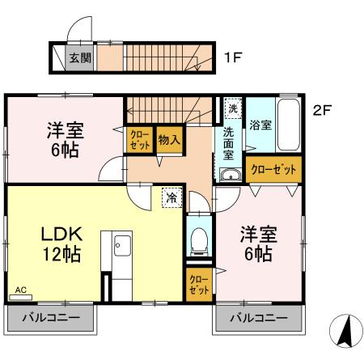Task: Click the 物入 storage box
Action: point(169,139)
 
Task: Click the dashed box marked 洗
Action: point(232,108)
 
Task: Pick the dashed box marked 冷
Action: point(171,197)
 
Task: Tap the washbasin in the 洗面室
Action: point(229,176)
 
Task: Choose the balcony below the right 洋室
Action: point(258,318)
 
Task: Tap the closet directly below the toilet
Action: point(198,284)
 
